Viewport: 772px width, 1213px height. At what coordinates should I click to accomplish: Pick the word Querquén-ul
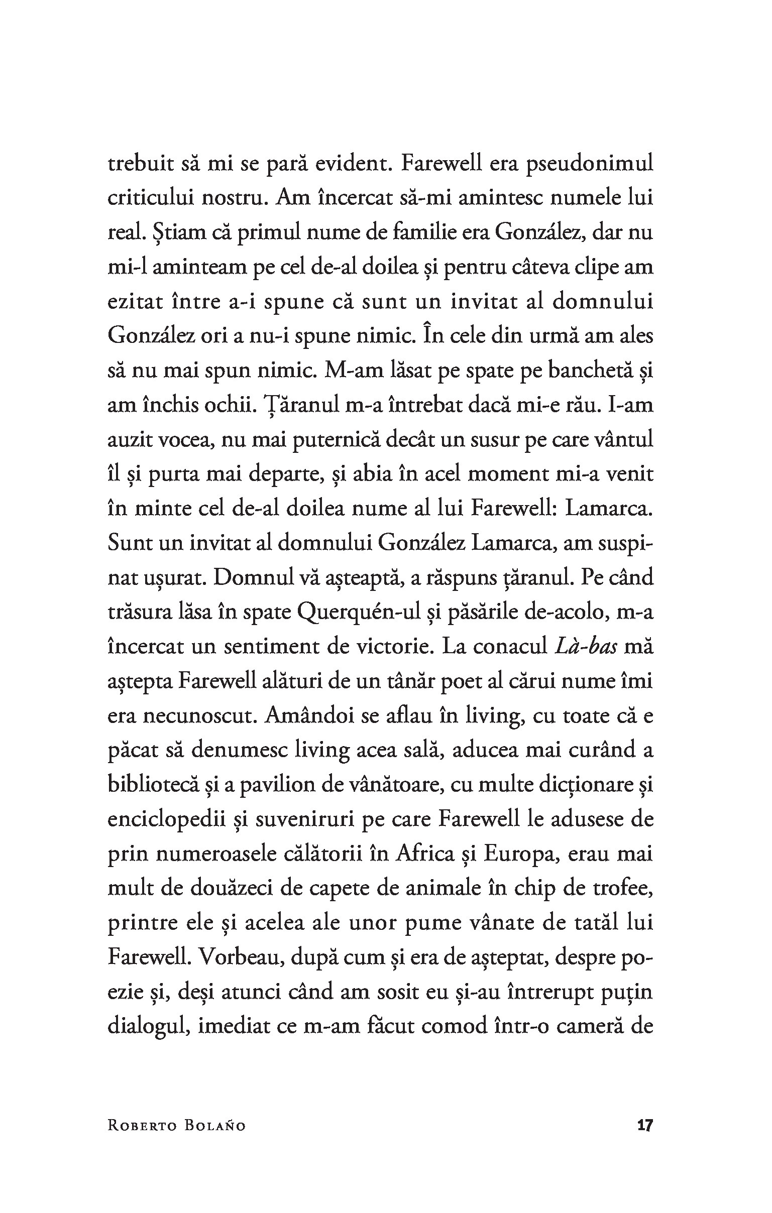coord(356,613)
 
